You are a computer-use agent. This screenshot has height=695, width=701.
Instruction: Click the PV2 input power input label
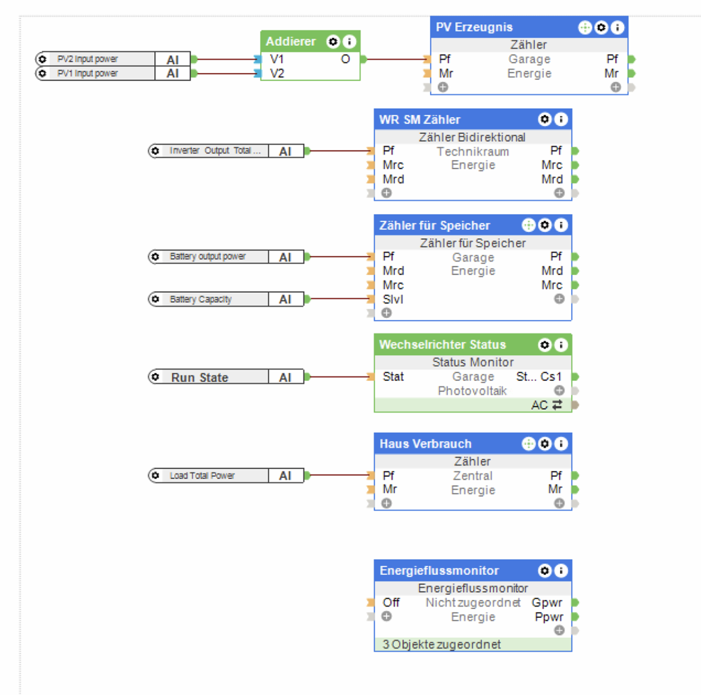coord(88,59)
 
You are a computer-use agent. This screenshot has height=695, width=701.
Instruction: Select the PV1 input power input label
coord(88,73)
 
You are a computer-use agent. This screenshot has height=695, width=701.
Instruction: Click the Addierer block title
coord(291,42)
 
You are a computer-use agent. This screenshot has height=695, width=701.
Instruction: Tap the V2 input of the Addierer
coord(277,73)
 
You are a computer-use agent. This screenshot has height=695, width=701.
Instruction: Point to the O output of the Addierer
coord(345,59)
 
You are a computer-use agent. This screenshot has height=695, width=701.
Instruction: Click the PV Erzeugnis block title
coord(475,27)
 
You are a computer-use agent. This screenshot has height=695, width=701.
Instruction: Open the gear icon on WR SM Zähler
coord(545,119)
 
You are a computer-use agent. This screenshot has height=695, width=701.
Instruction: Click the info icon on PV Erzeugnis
coord(617,28)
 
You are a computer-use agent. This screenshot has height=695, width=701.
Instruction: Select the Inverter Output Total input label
coord(215,151)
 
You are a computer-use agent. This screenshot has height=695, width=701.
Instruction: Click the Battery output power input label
coord(208,256)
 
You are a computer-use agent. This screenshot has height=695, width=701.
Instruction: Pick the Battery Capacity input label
coord(201,299)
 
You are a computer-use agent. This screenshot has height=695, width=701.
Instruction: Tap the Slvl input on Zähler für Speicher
coord(393,299)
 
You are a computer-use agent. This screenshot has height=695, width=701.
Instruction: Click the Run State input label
coord(200,377)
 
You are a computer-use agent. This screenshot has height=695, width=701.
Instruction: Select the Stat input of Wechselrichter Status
coord(393,377)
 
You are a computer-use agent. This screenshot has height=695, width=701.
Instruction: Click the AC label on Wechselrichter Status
coord(539,405)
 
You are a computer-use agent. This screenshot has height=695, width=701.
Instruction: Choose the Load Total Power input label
coord(202,476)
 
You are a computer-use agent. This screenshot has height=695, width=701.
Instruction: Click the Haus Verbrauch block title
coord(426,444)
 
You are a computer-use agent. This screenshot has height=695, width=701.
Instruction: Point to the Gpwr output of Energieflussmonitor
coord(547,603)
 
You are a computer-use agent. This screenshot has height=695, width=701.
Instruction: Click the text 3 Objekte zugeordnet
coord(442,644)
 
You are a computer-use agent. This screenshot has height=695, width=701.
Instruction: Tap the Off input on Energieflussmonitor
coord(391,603)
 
